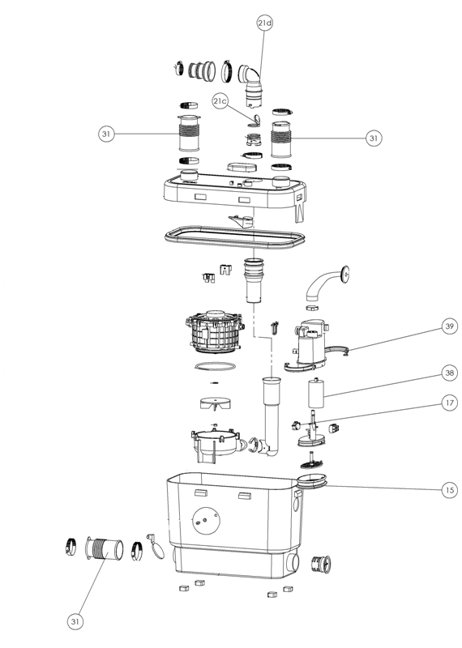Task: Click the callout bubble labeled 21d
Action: pos(265,24)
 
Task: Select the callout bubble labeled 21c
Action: pos(220,101)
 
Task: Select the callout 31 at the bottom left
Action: pos(76,620)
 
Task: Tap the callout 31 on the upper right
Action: pos(373,139)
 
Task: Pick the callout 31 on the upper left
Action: pos(105,134)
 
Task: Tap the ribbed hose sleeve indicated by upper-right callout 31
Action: pos(283,139)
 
